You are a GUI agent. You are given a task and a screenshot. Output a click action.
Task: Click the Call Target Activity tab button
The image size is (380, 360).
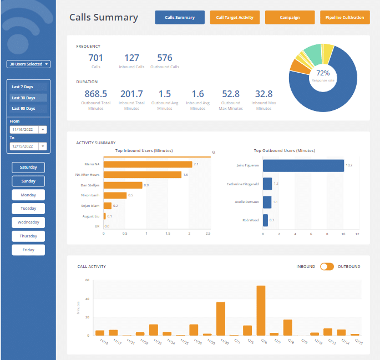235,17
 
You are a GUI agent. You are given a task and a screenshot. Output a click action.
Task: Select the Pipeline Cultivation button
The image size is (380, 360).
345,17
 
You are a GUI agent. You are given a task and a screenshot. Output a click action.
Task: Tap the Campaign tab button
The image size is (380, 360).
290,17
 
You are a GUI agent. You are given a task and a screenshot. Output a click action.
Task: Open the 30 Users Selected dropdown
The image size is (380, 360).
28,64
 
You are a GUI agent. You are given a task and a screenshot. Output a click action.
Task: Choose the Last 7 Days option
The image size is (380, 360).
23,87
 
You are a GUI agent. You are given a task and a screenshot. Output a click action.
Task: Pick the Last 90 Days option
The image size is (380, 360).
23,108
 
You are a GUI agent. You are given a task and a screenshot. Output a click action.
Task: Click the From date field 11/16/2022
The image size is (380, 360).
24,129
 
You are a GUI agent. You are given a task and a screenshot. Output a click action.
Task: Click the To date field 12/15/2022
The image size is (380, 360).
24,146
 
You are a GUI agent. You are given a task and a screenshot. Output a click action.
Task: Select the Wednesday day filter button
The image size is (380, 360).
28,222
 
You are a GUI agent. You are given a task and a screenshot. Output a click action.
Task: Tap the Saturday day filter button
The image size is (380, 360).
28,167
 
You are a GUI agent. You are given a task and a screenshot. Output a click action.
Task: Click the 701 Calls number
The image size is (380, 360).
95,58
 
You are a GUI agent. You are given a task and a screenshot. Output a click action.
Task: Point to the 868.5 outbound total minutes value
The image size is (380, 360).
95,94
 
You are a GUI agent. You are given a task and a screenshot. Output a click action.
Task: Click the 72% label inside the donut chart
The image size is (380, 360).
323,73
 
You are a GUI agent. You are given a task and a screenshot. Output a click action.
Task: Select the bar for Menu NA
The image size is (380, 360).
148,164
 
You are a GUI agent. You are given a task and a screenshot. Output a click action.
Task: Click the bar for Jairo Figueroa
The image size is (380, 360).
303,165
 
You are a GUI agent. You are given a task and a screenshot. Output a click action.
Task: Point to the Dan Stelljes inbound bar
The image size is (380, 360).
123,185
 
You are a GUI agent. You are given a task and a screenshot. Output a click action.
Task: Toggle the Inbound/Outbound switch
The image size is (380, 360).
327,266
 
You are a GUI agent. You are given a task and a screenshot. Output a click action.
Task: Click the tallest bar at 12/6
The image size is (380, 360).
261,310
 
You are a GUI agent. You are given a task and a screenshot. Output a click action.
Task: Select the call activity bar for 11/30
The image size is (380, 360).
220,318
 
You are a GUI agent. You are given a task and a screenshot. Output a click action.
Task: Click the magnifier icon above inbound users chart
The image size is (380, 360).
214,152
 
